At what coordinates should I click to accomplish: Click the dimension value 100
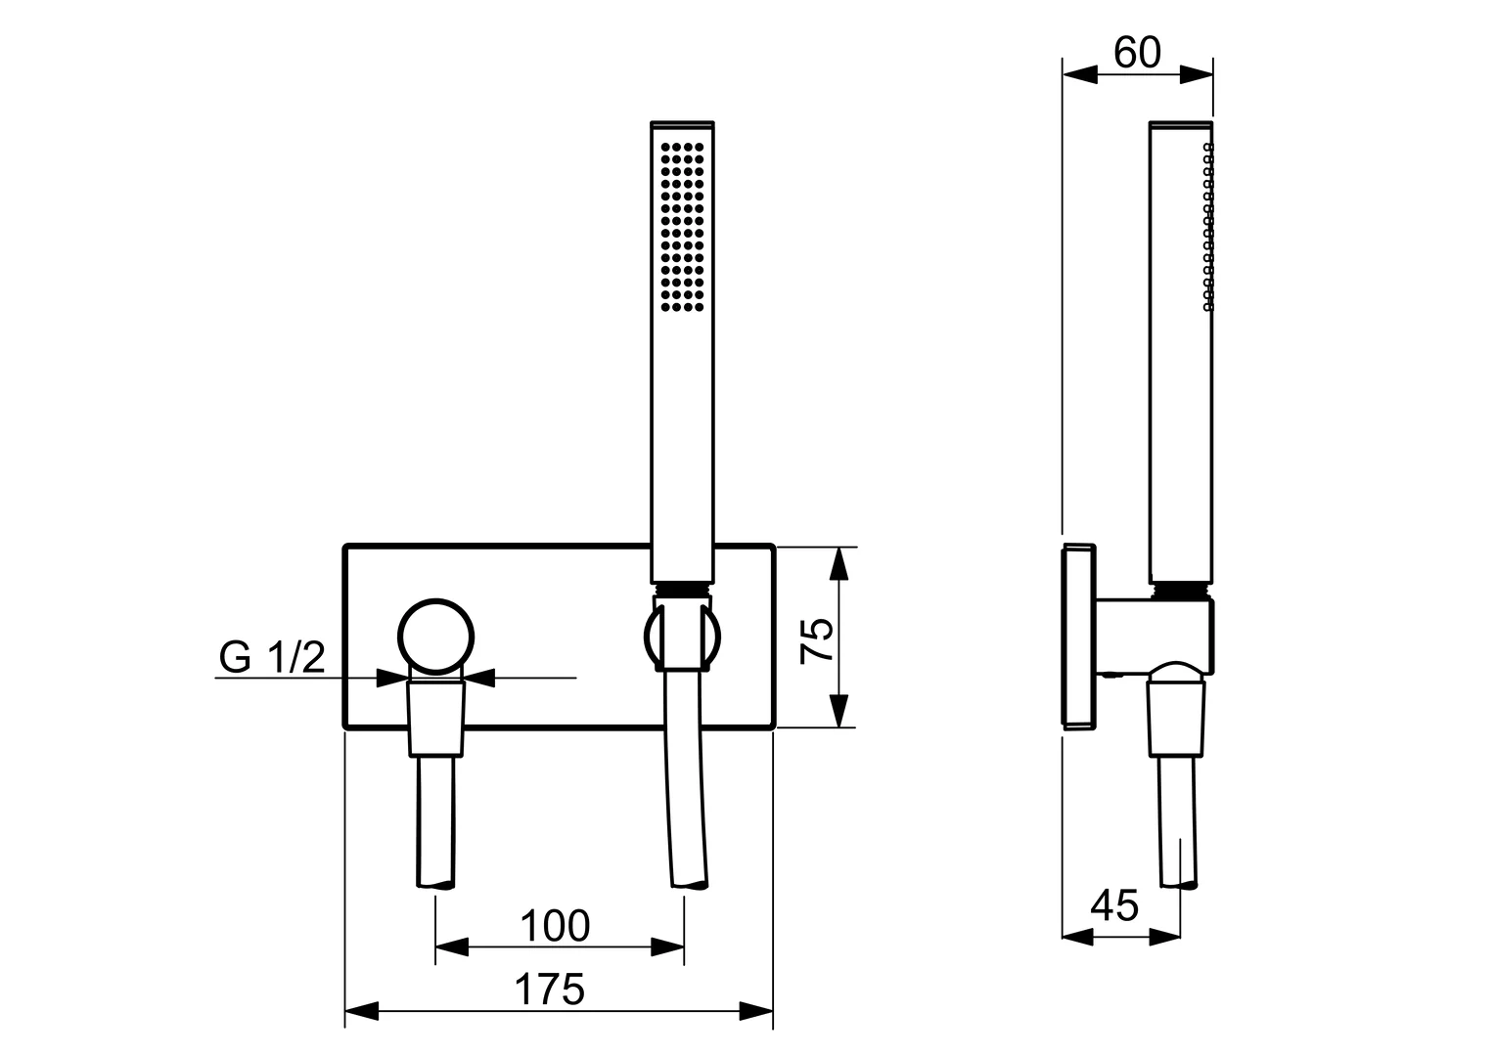pyautogui.click(x=554, y=925)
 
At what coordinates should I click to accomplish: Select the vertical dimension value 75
pyautogui.click(x=818, y=640)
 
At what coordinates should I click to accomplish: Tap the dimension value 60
pyautogui.click(x=1137, y=53)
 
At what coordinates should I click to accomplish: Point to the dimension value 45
pyautogui.click(x=1114, y=905)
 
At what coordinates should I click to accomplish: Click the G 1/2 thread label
pyautogui.click(x=272, y=658)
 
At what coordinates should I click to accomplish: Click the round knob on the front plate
pyautogui.click(x=437, y=637)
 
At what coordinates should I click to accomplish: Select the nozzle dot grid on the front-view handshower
pyautogui.click(x=682, y=226)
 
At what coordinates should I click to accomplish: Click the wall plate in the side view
pyautogui.click(x=1077, y=636)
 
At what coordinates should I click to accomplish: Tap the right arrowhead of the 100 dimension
pyautogui.click(x=669, y=946)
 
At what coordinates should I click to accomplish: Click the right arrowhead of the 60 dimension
pyautogui.click(x=1199, y=75)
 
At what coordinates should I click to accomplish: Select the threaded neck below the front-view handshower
pyautogui.click(x=682, y=588)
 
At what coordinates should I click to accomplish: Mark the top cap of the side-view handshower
pyautogui.click(x=1181, y=125)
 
